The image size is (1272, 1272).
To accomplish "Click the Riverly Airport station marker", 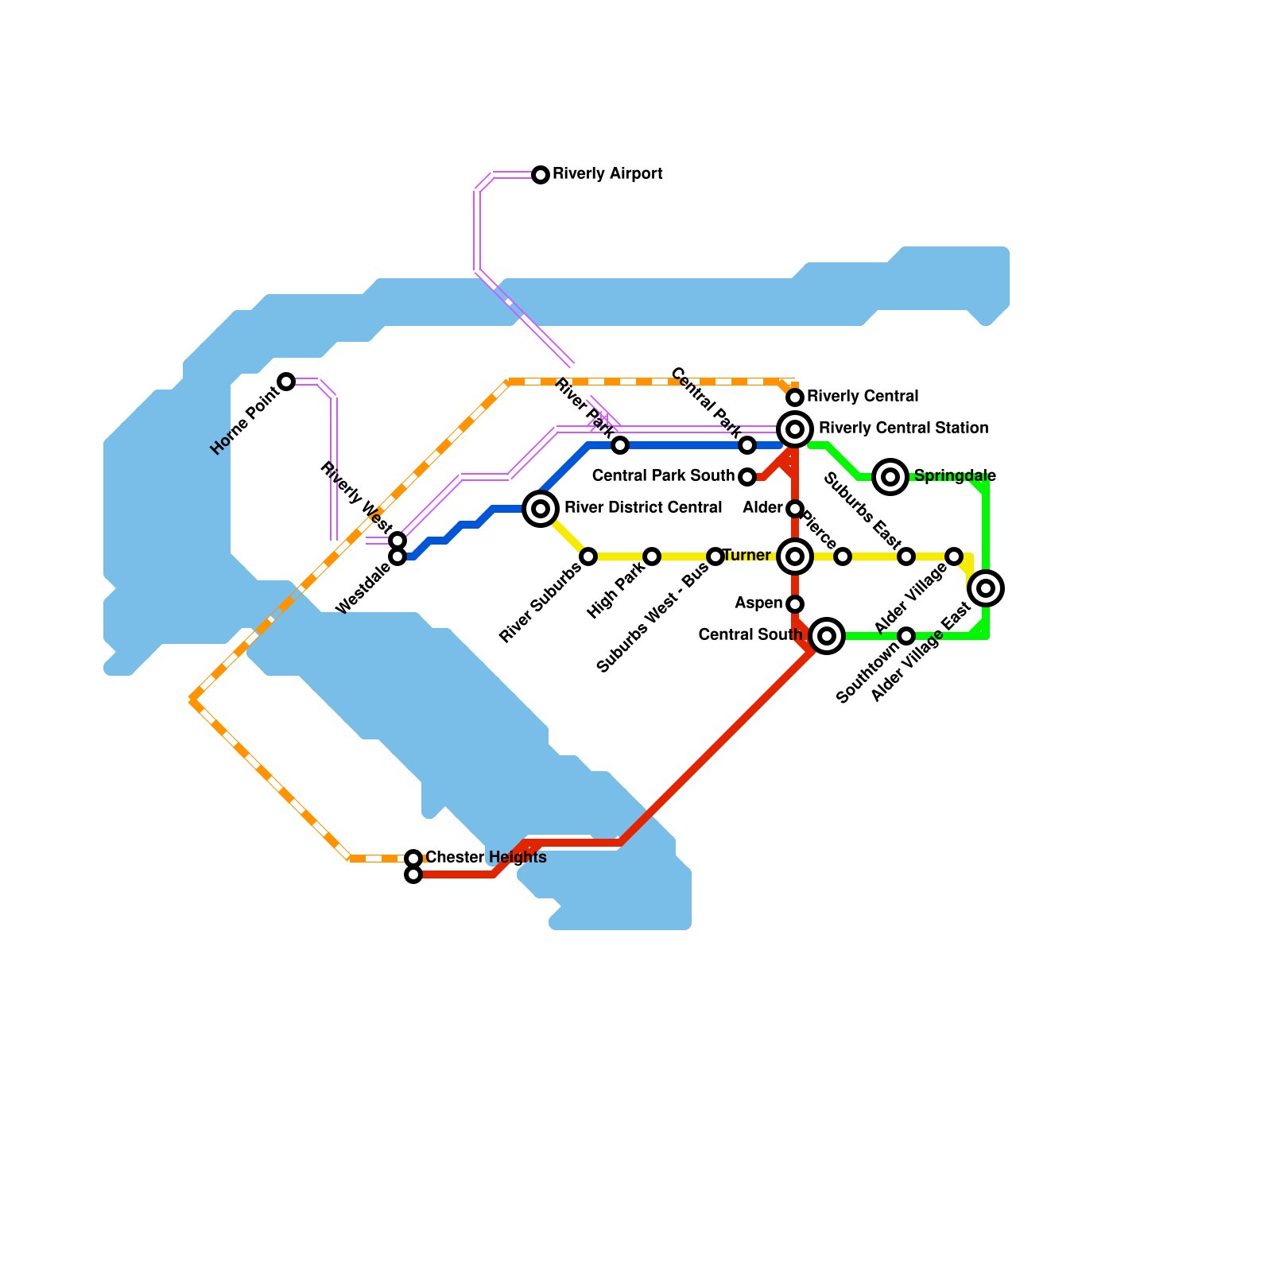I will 541,175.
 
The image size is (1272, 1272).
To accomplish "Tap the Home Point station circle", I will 286,382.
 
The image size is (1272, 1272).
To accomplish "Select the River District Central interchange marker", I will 541,509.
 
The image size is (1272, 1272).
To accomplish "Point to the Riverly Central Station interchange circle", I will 795,429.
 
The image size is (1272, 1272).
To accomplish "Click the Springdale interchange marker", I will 890,477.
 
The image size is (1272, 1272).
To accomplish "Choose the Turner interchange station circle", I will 795,556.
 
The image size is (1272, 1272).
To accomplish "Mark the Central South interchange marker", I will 827,636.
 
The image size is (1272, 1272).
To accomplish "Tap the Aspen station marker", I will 795,604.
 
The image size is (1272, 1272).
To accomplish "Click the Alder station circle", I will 795,509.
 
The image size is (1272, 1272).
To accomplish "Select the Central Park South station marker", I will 747,477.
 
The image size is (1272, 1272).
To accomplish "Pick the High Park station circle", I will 652,556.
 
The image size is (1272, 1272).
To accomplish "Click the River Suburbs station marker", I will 588,556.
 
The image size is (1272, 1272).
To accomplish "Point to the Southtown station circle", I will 906,636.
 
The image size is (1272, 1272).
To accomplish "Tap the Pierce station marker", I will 843,556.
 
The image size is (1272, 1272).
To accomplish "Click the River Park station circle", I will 620,445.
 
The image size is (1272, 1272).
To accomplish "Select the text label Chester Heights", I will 486,858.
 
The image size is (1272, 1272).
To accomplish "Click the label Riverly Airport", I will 607,174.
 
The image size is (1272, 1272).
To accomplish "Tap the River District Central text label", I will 643,508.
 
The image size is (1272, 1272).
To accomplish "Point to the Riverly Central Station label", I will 903,429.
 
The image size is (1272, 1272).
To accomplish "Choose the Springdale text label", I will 955,476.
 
